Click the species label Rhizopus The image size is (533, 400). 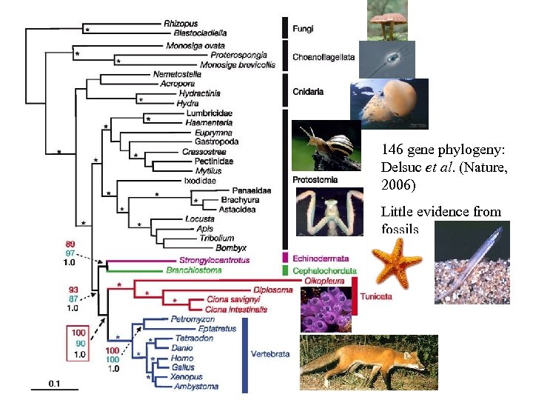(181, 24)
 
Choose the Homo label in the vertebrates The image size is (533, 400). (181, 358)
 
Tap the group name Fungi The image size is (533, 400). (303, 29)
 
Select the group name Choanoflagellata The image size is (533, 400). (324, 56)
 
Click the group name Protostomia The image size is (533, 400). (315, 179)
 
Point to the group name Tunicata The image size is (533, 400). (377, 296)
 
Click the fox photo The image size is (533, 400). (368, 362)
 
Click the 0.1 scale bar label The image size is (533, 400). (55, 384)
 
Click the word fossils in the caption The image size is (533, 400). (400, 229)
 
